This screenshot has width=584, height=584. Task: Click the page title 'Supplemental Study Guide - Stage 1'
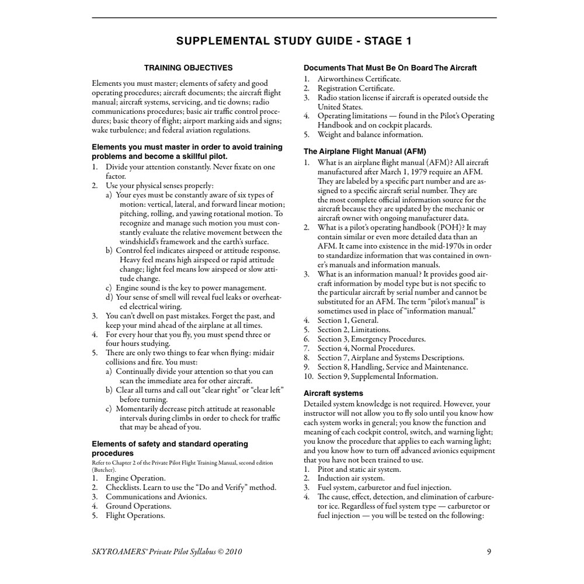tap(294, 41)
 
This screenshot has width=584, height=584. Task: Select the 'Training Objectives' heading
tap(188, 68)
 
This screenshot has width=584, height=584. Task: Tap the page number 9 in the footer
tap(489, 551)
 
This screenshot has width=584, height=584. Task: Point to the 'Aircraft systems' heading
tap(333, 393)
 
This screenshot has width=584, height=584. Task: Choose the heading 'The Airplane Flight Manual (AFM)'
tap(365, 151)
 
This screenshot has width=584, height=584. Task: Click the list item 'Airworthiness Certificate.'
tap(359, 79)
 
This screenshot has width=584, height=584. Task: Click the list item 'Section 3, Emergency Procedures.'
tap(371, 339)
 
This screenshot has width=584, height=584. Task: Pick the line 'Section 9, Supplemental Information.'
tap(377, 376)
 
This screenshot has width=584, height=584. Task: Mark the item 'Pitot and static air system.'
tap(359, 469)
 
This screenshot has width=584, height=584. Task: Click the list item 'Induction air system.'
tap(351, 478)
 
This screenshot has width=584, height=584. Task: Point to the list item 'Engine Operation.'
tap(135, 478)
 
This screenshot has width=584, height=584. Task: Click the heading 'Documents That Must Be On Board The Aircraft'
tap(390, 68)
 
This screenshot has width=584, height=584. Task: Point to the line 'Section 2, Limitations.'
tap(354, 329)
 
